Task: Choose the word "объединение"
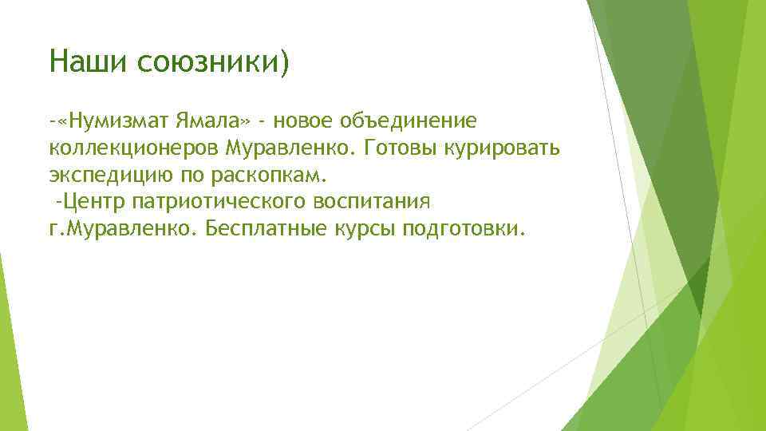[x=409, y=121]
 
